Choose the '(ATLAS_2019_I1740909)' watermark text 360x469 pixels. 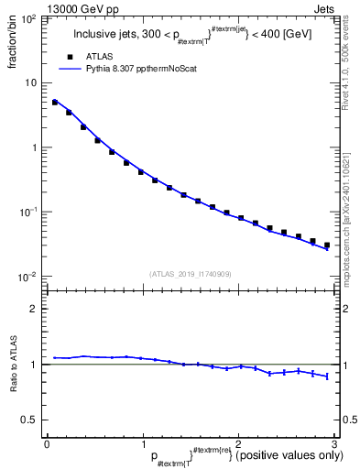point(189,273)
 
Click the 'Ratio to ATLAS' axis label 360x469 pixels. point(15,365)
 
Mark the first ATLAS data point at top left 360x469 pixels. point(55,103)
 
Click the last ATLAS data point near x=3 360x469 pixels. point(326,245)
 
